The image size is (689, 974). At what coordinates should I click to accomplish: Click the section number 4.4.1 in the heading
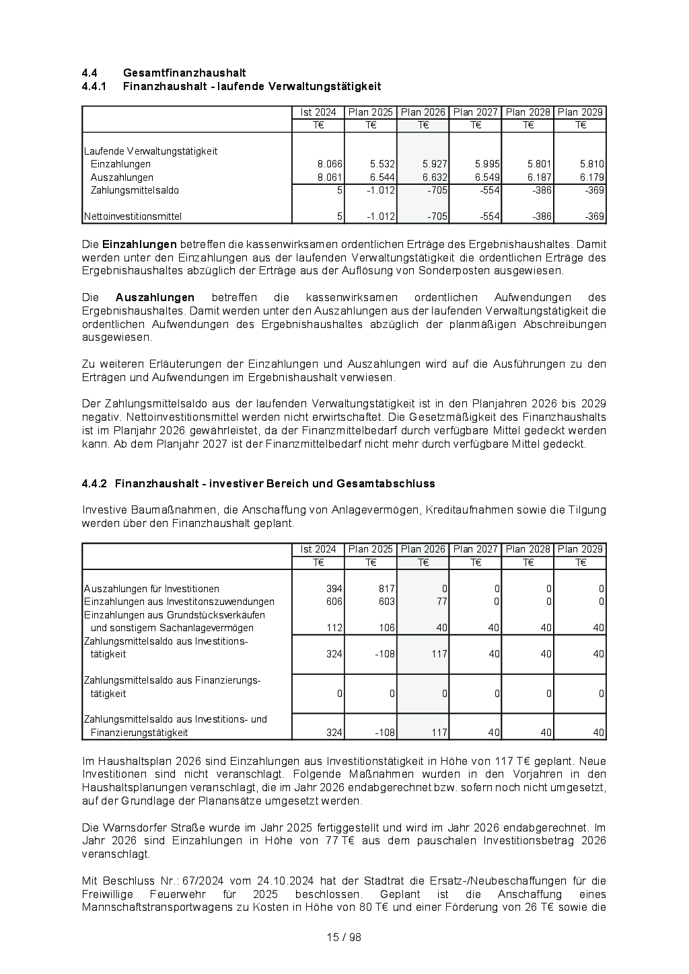click(95, 87)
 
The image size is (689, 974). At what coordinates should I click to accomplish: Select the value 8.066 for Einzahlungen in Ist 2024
click(330, 164)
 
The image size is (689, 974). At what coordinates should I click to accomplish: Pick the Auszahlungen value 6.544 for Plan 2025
click(382, 177)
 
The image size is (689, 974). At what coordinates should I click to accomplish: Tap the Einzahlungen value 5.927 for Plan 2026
click(435, 164)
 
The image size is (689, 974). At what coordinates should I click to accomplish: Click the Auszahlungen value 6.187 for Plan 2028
click(540, 177)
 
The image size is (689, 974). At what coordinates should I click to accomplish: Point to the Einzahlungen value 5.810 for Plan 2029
click(592, 164)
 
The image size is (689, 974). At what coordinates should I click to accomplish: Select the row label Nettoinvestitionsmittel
click(133, 216)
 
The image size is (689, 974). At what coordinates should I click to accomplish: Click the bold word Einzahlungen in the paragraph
click(139, 245)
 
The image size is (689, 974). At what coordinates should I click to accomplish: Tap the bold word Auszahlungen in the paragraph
click(155, 298)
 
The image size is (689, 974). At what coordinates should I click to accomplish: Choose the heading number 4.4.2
click(95, 484)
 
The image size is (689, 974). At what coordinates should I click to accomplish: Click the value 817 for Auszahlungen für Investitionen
click(386, 589)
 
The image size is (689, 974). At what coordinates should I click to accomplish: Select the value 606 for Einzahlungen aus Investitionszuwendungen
click(334, 602)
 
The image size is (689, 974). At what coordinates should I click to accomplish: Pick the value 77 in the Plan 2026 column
click(441, 602)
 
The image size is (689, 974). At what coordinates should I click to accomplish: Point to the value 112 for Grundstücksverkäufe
click(334, 628)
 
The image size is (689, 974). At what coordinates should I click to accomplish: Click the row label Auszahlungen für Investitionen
click(151, 589)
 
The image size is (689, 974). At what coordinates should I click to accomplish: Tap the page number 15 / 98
click(344, 938)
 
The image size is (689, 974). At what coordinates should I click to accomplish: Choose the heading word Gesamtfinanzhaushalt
click(184, 73)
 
